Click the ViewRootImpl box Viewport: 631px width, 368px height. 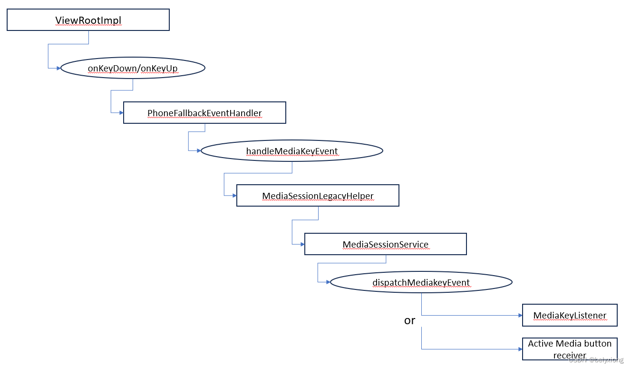[x=88, y=20]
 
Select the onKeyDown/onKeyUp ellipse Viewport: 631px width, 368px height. [x=133, y=68]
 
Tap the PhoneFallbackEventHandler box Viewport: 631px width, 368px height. [x=204, y=113]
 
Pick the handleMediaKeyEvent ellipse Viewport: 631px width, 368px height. [x=291, y=151]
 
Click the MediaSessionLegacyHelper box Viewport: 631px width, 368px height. [x=318, y=196]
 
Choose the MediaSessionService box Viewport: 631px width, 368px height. [x=385, y=244]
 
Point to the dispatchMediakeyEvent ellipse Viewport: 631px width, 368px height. [x=421, y=282]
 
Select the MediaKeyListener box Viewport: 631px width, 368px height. [x=569, y=315]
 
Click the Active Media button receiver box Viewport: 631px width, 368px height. [x=569, y=349]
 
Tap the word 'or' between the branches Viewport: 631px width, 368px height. [x=409, y=320]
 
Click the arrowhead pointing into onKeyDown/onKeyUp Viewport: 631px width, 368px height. [x=58, y=68]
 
